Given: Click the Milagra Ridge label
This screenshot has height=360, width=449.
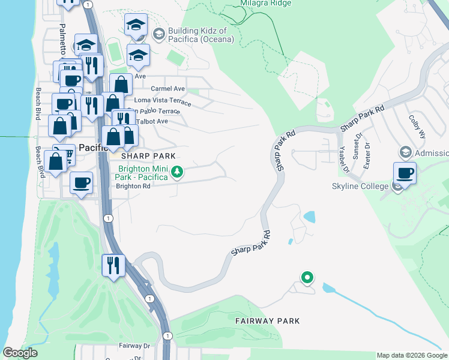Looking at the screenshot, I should click(267, 3).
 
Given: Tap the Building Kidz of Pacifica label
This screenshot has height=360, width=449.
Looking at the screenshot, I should click(197, 35).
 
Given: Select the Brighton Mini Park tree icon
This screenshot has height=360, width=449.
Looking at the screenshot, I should click(176, 173).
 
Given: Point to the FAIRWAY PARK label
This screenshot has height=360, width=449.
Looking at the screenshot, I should click(267, 321).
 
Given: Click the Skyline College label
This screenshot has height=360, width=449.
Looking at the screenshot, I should click(359, 187).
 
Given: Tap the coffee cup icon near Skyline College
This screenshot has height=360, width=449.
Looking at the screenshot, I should click(405, 174).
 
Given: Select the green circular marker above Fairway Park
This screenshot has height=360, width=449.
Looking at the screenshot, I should click(307, 277).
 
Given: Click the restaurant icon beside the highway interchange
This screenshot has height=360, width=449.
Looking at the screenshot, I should click(113, 265).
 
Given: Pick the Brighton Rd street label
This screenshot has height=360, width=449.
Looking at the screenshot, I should click(133, 186).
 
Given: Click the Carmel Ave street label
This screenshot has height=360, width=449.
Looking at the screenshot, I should click(167, 89).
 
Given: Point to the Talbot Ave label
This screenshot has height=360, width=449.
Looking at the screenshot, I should click(152, 121).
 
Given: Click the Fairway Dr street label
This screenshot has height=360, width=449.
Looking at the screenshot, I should click(134, 346).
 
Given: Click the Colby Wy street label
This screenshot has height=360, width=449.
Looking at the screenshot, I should click(417, 127).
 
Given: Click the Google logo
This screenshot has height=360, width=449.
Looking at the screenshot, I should click(20, 353).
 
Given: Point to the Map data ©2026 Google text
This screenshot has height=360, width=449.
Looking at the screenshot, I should click(411, 355).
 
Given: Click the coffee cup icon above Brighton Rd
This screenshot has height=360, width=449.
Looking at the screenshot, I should click(81, 182).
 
